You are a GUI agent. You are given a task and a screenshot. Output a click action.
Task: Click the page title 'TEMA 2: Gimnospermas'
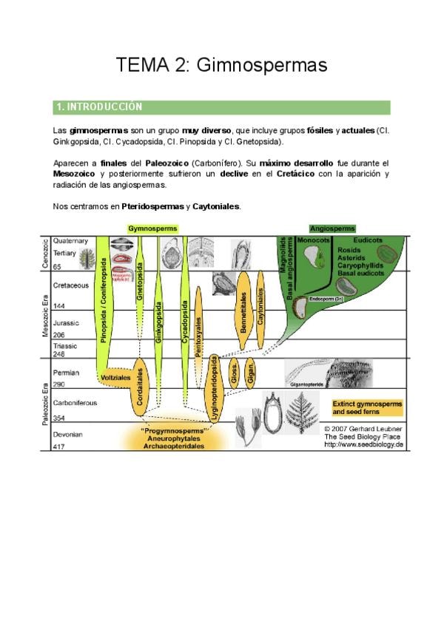[221, 65]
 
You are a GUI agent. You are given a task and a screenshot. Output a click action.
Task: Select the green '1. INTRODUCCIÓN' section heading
[98, 107]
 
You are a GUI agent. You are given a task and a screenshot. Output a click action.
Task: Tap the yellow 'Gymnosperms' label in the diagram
[152, 228]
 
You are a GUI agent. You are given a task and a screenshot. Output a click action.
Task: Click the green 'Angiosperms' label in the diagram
[332, 228]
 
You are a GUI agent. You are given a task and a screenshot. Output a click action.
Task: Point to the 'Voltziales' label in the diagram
[115, 377]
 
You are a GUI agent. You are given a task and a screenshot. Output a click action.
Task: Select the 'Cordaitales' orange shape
[137, 387]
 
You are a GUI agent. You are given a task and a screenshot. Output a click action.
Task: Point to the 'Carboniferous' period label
[77, 403]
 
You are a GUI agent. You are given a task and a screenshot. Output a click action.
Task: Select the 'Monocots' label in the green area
[313, 241]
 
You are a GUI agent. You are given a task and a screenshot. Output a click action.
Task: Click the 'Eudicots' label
[368, 241]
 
